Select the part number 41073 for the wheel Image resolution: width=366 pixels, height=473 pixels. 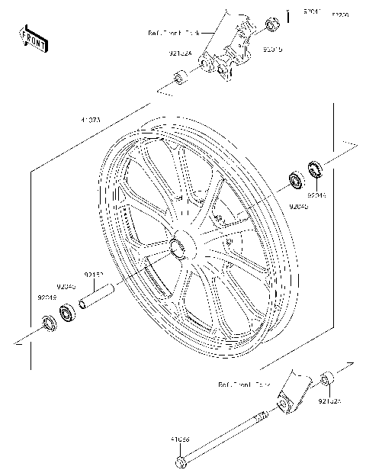tap(91, 120)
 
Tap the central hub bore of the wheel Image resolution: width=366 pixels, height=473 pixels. tap(181, 246)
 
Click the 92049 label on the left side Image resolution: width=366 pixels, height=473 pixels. tap(47, 298)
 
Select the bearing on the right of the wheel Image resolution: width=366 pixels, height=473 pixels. tap(295, 182)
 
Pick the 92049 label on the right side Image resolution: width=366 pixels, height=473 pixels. tap(316, 195)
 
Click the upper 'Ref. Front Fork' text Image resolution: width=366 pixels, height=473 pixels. tap(173, 34)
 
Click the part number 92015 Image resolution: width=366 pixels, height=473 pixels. tap(272, 50)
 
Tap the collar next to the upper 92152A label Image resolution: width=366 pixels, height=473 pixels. tap(181, 77)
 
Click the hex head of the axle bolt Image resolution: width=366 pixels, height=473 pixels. tap(181, 462)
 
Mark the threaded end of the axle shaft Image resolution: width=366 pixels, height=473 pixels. tap(262, 417)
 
